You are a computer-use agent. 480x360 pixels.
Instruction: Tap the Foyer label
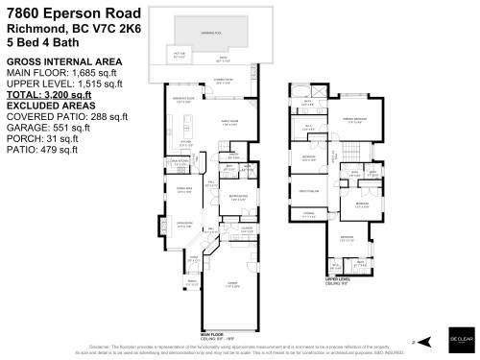192,259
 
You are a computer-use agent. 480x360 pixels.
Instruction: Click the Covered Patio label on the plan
223,82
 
